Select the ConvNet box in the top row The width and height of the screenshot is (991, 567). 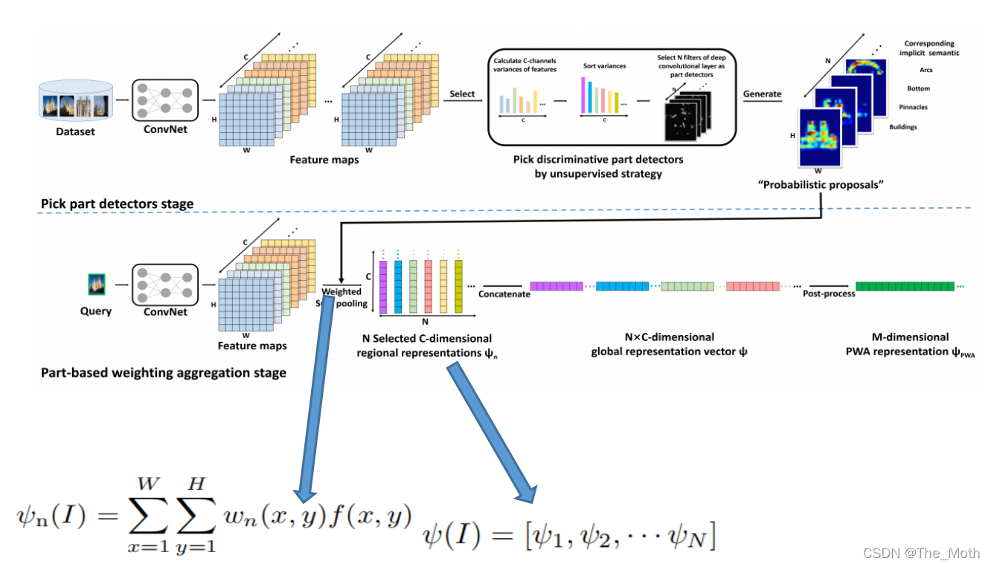(x=164, y=100)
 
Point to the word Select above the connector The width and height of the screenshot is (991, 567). (x=462, y=94)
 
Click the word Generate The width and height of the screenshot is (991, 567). (x=762, y=94)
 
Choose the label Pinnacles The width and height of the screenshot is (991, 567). (x=913, y=108)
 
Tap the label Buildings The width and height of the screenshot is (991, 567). (x=903, y=127)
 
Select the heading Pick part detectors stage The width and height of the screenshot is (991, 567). (x=117, y=204)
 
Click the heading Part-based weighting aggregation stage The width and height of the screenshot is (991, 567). (x=163, y=372)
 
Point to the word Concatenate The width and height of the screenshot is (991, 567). (x=504, y=294)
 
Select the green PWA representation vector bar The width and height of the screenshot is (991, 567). (x=904, y=286)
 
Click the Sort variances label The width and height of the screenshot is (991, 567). (x=604, y=66)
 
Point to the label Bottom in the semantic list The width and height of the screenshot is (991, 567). (x=918, y=89)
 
